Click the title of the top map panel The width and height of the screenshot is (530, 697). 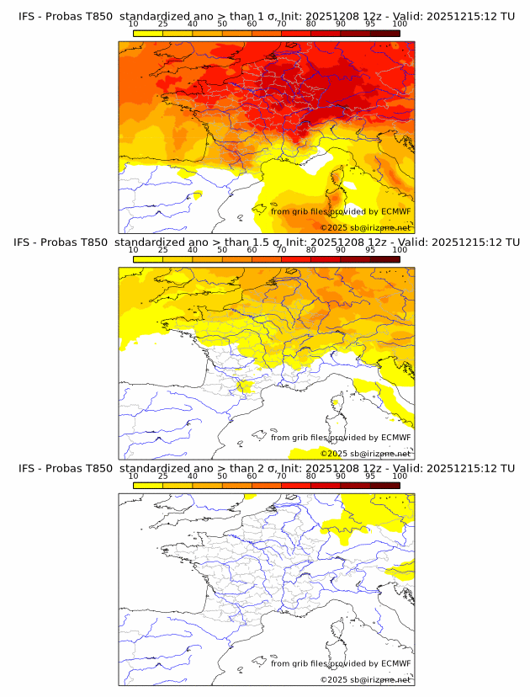(266, 17)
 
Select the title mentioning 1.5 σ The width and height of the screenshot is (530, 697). (266, 242)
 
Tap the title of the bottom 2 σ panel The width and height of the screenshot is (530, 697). (266, 467)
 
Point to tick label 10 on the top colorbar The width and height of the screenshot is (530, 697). (133, 25)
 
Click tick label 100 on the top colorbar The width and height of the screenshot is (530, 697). (400, 25)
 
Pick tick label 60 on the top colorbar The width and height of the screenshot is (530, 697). (252, 25)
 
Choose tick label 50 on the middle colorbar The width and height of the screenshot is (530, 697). (222, 250)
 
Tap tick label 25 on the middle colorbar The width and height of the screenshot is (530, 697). (162, 250)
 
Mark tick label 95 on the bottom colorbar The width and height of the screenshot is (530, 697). (370, 476)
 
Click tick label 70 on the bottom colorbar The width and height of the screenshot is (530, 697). (281, 476)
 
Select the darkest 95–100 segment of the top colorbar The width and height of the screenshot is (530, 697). (385, 34)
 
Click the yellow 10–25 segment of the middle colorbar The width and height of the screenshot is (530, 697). (147, 259)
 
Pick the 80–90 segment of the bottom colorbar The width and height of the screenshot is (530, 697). (326, 485)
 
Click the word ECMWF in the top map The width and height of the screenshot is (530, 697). (396, 211)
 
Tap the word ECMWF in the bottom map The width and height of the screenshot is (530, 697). (396, 663)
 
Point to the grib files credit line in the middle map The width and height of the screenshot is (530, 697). (341, 437)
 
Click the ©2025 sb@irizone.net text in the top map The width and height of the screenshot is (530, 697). (365, 227)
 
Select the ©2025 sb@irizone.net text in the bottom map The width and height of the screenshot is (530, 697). (365, 679)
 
